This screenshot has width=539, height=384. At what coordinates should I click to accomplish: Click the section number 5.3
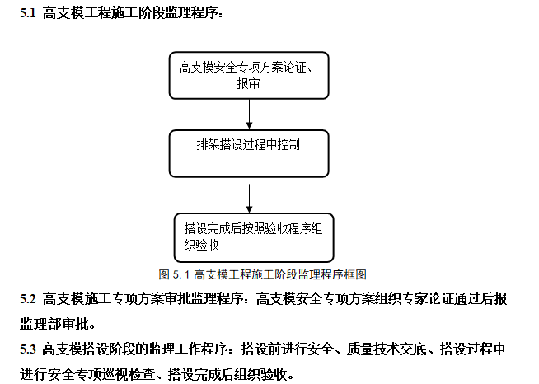tap(27, 350)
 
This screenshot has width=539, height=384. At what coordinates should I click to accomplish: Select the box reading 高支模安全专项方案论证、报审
tap(250, 76)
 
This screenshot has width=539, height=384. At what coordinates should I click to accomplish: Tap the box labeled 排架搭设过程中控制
tap(250, 152)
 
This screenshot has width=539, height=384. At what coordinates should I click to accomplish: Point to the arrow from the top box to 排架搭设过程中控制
tap(250, 115)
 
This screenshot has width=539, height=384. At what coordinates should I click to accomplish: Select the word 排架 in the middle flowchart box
tap(206, 144)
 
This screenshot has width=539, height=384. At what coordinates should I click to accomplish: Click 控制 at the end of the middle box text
tap(289, 144)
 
